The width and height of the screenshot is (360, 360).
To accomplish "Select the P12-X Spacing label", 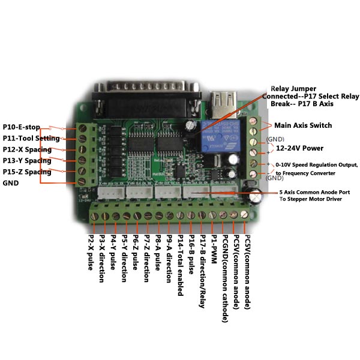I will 26,149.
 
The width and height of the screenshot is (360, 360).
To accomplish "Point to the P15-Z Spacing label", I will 26,172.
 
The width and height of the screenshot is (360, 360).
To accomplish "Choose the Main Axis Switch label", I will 303,125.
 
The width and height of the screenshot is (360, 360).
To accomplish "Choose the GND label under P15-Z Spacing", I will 11,183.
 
